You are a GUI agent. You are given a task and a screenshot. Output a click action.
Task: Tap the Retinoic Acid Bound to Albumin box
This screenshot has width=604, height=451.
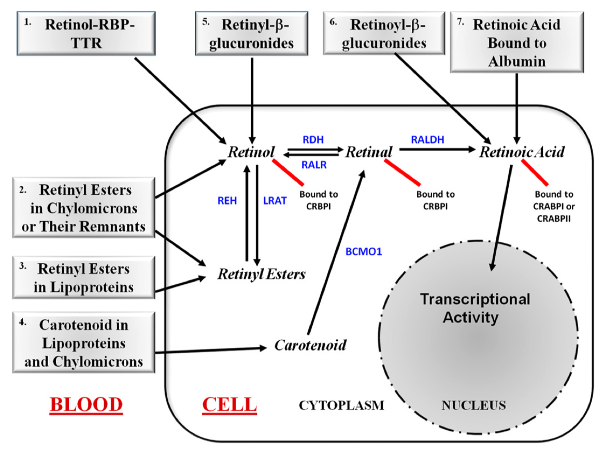click(516, 43)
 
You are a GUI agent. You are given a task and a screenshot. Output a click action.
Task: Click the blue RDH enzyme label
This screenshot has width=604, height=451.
click(312, 140)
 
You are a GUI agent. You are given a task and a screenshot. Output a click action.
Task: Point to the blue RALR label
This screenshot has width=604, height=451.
click(312, 165)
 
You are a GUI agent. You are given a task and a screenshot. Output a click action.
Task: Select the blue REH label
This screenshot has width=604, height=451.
click(227, 201)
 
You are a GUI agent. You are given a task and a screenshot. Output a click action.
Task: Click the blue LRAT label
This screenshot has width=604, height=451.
click(275, 201)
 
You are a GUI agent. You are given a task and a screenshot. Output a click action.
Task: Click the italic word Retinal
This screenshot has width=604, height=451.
click(368, 152)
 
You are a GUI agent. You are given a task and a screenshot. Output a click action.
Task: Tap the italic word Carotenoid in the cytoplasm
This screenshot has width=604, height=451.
click(310, 344)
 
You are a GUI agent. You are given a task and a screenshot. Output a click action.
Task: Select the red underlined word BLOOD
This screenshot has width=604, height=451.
click(86, 404)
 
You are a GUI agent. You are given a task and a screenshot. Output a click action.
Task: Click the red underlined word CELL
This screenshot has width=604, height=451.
click(229, 404)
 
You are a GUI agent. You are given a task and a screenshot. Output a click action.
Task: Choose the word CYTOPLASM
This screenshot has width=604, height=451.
click(341, 405)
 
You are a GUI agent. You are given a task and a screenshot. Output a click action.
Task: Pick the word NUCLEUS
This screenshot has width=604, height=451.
click(473, 405)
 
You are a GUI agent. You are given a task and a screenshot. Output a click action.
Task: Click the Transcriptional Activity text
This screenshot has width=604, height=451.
click(474, 308)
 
